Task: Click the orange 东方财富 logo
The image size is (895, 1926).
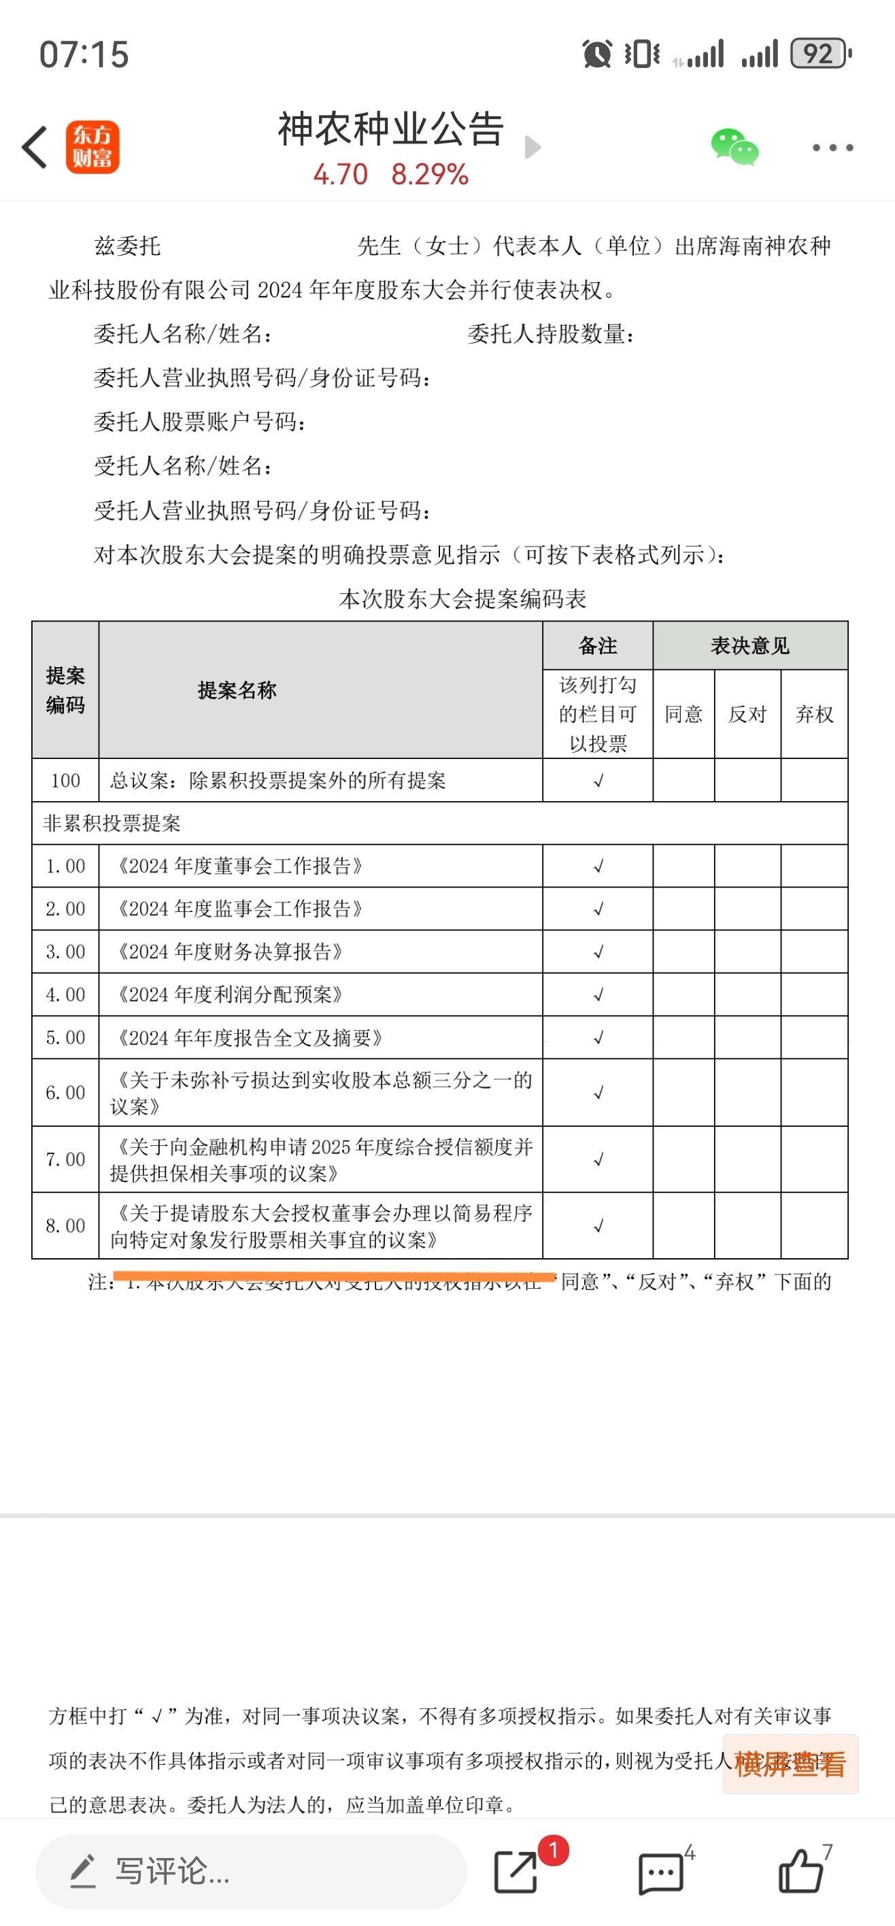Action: click(x=92, y=148)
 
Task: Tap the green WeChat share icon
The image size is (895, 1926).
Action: click(x=734, y=148)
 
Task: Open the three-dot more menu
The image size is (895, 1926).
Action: click(x=832, y=148)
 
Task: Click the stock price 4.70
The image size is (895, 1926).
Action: click(x=340, y=175)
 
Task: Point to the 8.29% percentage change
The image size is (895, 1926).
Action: click(x=429, y=175)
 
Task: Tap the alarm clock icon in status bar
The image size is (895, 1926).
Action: click(x=596, y=54)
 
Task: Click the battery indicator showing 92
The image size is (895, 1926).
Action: click(x=820, y=54)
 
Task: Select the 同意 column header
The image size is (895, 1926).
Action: click(x=683, y=714)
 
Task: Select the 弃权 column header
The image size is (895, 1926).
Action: click(x=814, y=714)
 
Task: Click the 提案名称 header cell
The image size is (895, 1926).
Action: click(x=237, y=690)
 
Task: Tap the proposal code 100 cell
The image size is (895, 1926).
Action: click(x=66, y=781)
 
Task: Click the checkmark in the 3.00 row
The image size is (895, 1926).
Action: click(x=598, y=952)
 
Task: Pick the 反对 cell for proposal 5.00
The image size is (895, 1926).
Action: click(x=747, y=1037)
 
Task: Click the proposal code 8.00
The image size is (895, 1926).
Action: click(x=66, y=1226)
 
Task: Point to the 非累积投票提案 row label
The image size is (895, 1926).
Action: click(x=112, y=823)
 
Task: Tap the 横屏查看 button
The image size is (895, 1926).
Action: click(x=790, y=1763)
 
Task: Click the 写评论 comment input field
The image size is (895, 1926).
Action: click(x=250, y=1872)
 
